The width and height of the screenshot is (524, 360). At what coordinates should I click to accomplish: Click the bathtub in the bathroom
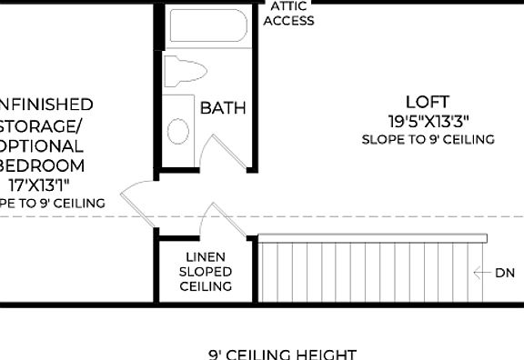point(208,28)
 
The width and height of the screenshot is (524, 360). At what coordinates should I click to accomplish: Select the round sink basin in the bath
point(179,130)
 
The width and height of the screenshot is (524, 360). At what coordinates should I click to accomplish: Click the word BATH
point(223,108)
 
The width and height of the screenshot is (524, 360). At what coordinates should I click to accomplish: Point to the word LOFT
point(428,102)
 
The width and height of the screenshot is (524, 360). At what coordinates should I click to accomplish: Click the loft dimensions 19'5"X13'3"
point(428,120)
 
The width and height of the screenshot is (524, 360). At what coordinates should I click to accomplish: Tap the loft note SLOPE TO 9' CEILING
point(428,139)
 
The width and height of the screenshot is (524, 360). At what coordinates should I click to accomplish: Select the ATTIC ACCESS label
point(287,13)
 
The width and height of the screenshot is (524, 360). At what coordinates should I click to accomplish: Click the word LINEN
point(206,257)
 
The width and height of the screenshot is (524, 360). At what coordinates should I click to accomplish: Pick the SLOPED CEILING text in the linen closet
point(206,279)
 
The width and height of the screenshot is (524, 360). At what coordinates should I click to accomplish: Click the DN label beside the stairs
point(505,272)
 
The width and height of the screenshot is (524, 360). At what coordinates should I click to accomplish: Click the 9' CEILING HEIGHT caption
point(282,354)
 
